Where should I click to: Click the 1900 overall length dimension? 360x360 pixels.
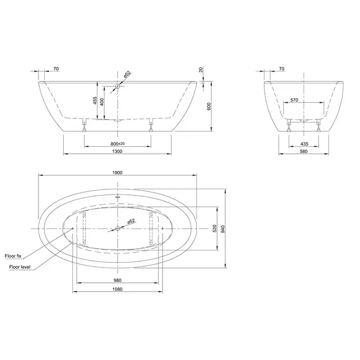point(117,173)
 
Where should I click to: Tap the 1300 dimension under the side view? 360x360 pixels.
point(117,151)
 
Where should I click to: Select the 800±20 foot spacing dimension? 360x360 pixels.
point(118,143)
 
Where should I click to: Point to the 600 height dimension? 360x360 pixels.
point(209,106)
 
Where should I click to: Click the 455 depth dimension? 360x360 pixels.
point(95,101)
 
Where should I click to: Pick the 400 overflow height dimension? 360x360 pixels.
point(102,102)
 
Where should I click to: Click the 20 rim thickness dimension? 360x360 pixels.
point(201,69)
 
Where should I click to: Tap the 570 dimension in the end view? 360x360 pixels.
point(294,100)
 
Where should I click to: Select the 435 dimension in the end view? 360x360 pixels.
point(304,143)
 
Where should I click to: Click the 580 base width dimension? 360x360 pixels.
point(303,151)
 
